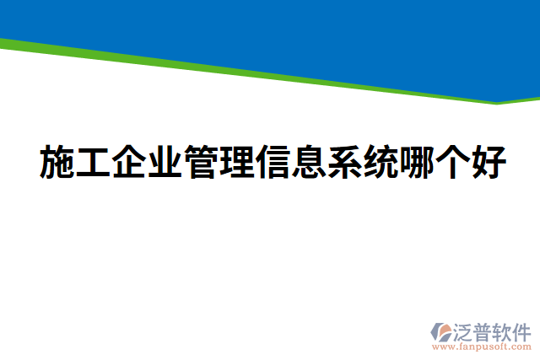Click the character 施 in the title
pos(57,162)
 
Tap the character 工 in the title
pos(93,162)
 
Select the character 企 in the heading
pos(128,162)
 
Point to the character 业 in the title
pos(164,162)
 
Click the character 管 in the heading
pos(200,162)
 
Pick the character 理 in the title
pos(236,162)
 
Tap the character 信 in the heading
pos(272,162)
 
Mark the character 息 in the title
pos(307,162)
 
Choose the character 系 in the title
pos(343,162)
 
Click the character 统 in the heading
pos(380,162)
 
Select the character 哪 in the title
pos(415,162)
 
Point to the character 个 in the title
pos(451,162)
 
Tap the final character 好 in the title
pos(487,162)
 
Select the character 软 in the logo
pos(504,330)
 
